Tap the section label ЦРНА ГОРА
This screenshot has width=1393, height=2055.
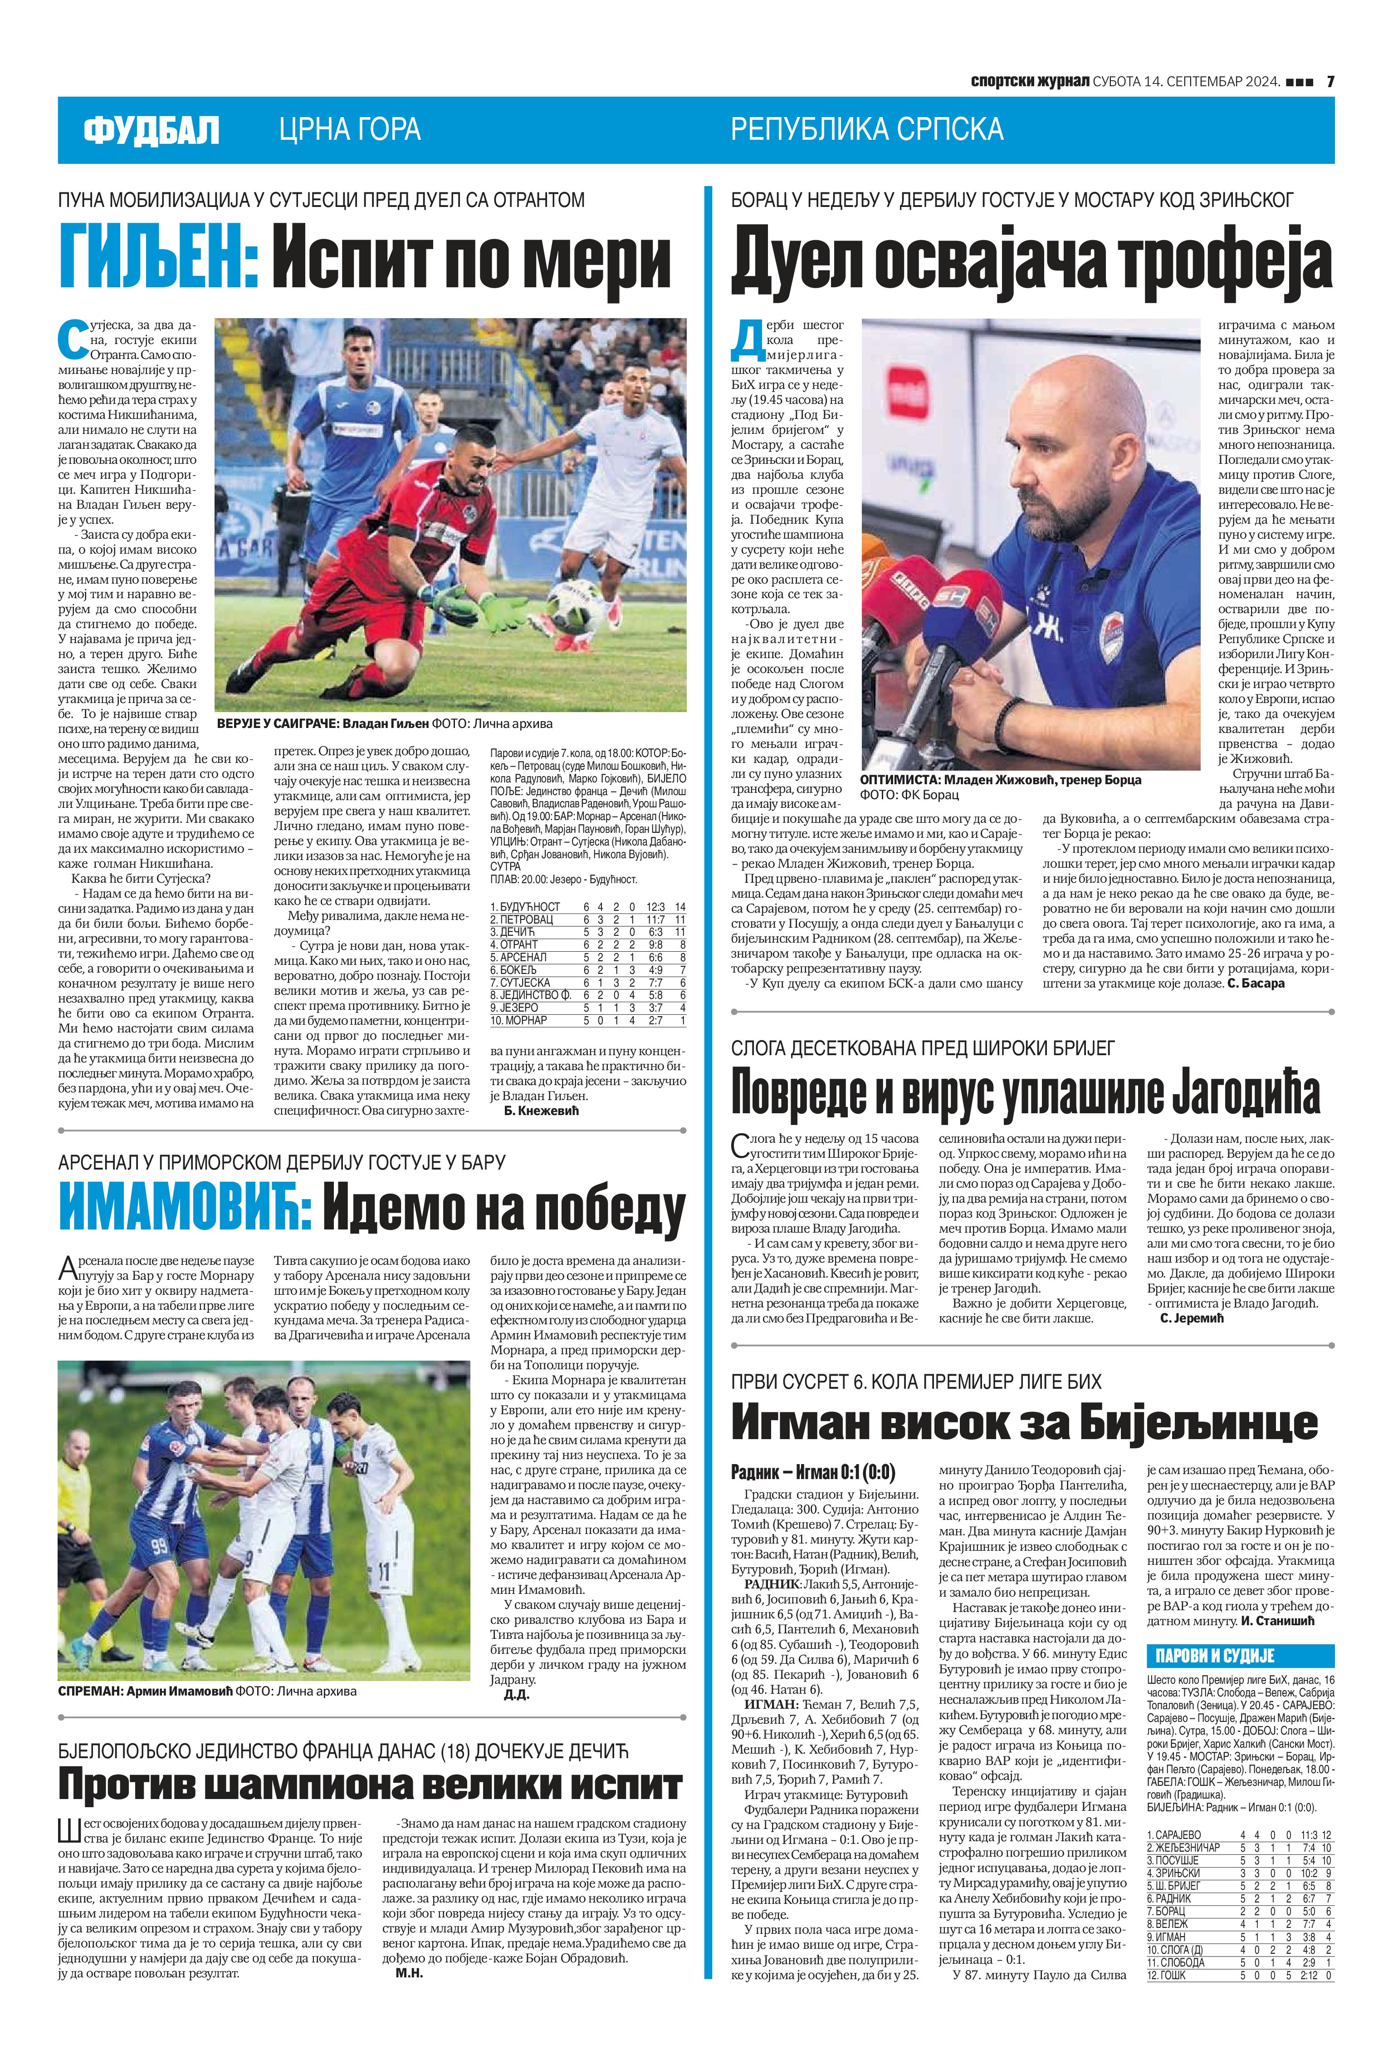[x=350, y=130]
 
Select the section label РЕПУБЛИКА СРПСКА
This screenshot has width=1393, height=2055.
[x=867, y=130]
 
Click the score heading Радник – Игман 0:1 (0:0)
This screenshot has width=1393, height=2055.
[x=813, y=1472]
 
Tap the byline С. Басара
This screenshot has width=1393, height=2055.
[x=1256, y=983]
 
